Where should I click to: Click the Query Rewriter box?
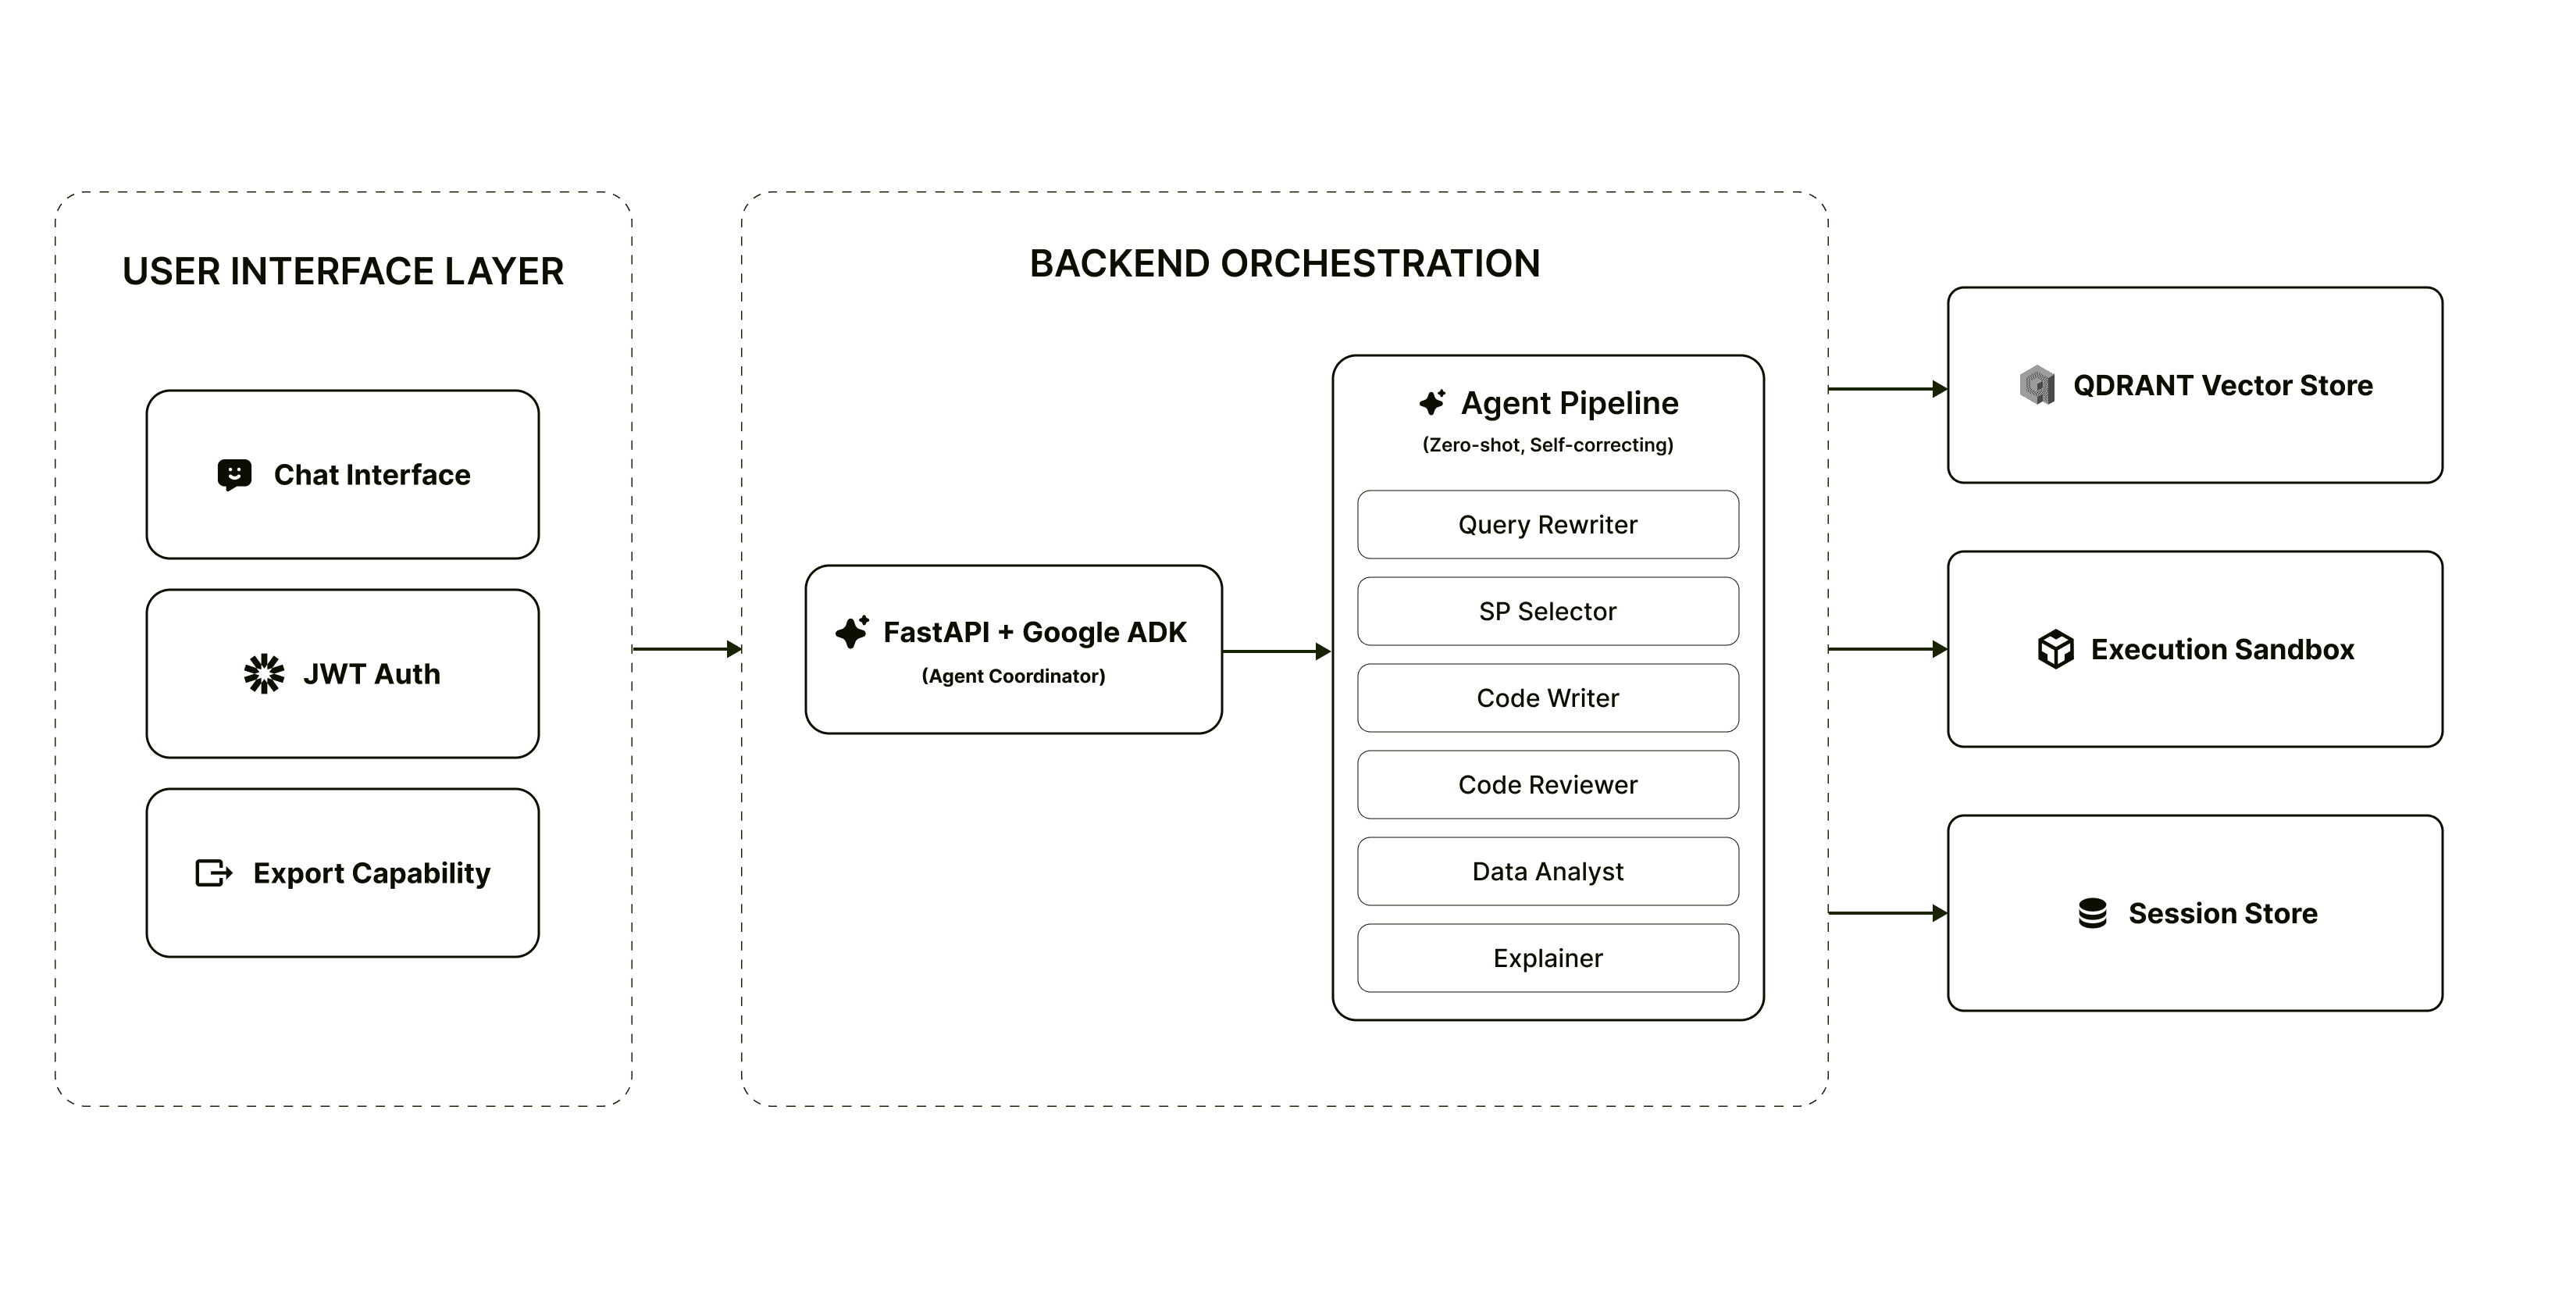[1547, 525]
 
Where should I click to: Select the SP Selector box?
[1547, 612]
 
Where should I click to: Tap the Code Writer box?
[1547, 698]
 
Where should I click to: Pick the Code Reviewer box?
[1547, 785]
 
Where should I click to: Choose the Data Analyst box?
[1547, 872]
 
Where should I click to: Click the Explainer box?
[1547, 958]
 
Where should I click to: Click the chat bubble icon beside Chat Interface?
[234, 475]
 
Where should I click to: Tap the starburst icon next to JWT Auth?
[264, 674]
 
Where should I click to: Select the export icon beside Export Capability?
[213, 873]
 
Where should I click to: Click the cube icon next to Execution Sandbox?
[2055, 650]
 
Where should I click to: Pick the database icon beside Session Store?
[2092, 913]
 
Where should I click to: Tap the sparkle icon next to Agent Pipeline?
[1432, 402]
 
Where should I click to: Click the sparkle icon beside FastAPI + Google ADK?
[853, 632]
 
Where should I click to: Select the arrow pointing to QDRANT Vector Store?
[1887, 388]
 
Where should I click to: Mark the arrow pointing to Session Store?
[1887, 912]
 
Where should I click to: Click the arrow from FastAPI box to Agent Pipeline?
[1276, 651]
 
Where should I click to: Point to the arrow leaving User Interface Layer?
[686, 650]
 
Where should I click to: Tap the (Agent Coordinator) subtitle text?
[1013, 676]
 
